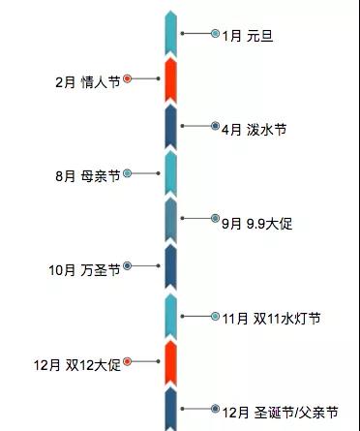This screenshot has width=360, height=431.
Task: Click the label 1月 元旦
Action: [243, 37]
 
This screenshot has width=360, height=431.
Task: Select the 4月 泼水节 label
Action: [255, 129]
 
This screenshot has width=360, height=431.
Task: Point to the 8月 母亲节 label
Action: [87, 176]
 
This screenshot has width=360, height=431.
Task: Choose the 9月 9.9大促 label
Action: [256, 224]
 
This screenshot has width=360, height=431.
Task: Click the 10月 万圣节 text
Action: [84, 270]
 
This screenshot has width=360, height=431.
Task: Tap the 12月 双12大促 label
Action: [80, 364]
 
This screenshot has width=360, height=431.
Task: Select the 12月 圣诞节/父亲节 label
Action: [281, 412]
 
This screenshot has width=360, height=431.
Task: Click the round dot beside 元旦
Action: [215, 34]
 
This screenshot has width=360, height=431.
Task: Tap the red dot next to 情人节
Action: [127, 79]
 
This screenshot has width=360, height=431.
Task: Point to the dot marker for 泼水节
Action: [215, 126]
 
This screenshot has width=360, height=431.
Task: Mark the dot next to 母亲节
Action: [127, 173]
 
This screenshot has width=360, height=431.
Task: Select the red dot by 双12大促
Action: [127, 361]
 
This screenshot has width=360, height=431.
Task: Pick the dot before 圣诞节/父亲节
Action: [215, 409]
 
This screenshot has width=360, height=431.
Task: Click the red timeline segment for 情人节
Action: [170, 79]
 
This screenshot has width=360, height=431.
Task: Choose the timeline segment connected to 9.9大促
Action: [170, 221]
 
